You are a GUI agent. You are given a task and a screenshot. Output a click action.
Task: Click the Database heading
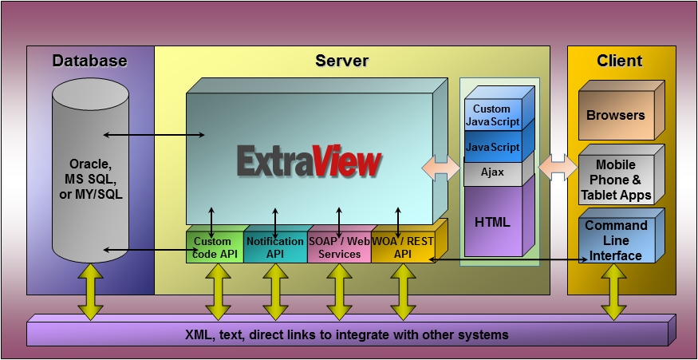(x=89, y=61)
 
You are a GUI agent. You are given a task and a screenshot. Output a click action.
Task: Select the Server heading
(x=342, y=61)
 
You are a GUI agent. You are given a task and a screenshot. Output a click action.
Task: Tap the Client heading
(x=620, y=61)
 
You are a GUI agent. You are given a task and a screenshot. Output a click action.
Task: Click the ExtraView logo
(x=309, y=160)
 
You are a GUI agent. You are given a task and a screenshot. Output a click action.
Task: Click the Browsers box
(x=616, y=116)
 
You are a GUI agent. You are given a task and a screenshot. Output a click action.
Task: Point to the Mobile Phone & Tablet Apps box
(x=616, y=180)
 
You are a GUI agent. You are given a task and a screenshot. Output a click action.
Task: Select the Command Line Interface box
(x=616, y=240)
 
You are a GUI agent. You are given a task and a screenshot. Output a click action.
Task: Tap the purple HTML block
(x=493, y=221)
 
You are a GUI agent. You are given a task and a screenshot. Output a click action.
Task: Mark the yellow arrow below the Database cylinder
(x=90, y=291)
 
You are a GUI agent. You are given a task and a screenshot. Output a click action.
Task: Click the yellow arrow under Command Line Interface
(x=613, y=291)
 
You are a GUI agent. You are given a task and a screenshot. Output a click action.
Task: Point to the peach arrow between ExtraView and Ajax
(x=440, y=168)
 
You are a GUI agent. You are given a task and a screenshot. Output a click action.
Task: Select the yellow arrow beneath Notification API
(x=275, y=291)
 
